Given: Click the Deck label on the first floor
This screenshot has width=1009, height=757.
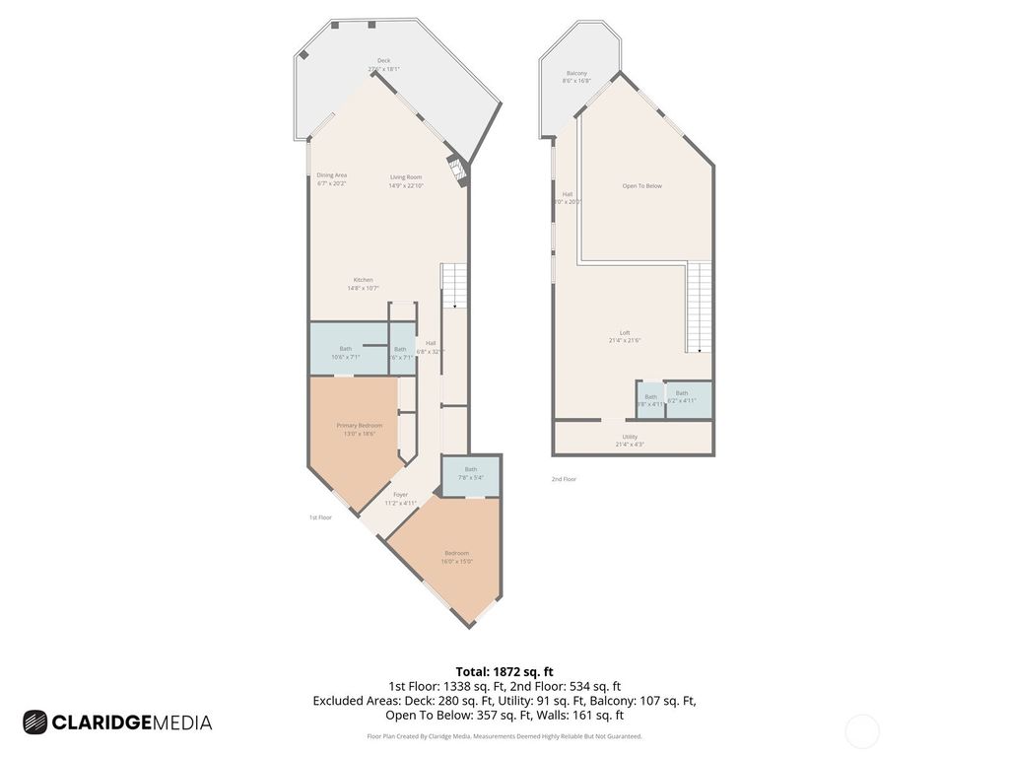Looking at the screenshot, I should (383, 65).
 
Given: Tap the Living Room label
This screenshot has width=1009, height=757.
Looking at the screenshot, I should (405, 181).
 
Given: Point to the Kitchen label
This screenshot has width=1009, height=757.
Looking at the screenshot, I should (364, 284).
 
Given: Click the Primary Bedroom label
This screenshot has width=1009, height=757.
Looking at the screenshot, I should (359, 429).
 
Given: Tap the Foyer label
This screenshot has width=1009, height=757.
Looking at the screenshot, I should (400, 499).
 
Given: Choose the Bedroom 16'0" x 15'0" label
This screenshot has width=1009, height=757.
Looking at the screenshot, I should (456, 557).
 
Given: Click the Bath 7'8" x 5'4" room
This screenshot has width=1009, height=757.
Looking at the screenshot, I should (470, 474).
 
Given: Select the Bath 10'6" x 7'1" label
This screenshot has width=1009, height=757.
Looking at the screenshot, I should (345, 353).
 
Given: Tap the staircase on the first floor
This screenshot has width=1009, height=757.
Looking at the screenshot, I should (452, 286).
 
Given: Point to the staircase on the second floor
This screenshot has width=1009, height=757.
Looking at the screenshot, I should (699, 306).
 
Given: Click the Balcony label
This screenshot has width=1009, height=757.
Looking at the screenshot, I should (576, 77).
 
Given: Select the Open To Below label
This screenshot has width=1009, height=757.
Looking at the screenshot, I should (641, 185).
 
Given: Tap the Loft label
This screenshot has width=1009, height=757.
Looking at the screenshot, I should (624, 336).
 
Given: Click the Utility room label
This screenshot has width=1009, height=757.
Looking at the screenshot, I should (629, 441).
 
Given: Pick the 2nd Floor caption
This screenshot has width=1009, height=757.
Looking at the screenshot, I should (564, 479).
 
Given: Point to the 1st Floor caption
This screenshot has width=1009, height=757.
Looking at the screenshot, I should (319, 516).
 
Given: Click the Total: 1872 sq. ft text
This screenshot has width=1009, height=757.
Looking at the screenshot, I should (504, 672).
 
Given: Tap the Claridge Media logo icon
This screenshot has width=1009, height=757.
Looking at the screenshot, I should (35, 723).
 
